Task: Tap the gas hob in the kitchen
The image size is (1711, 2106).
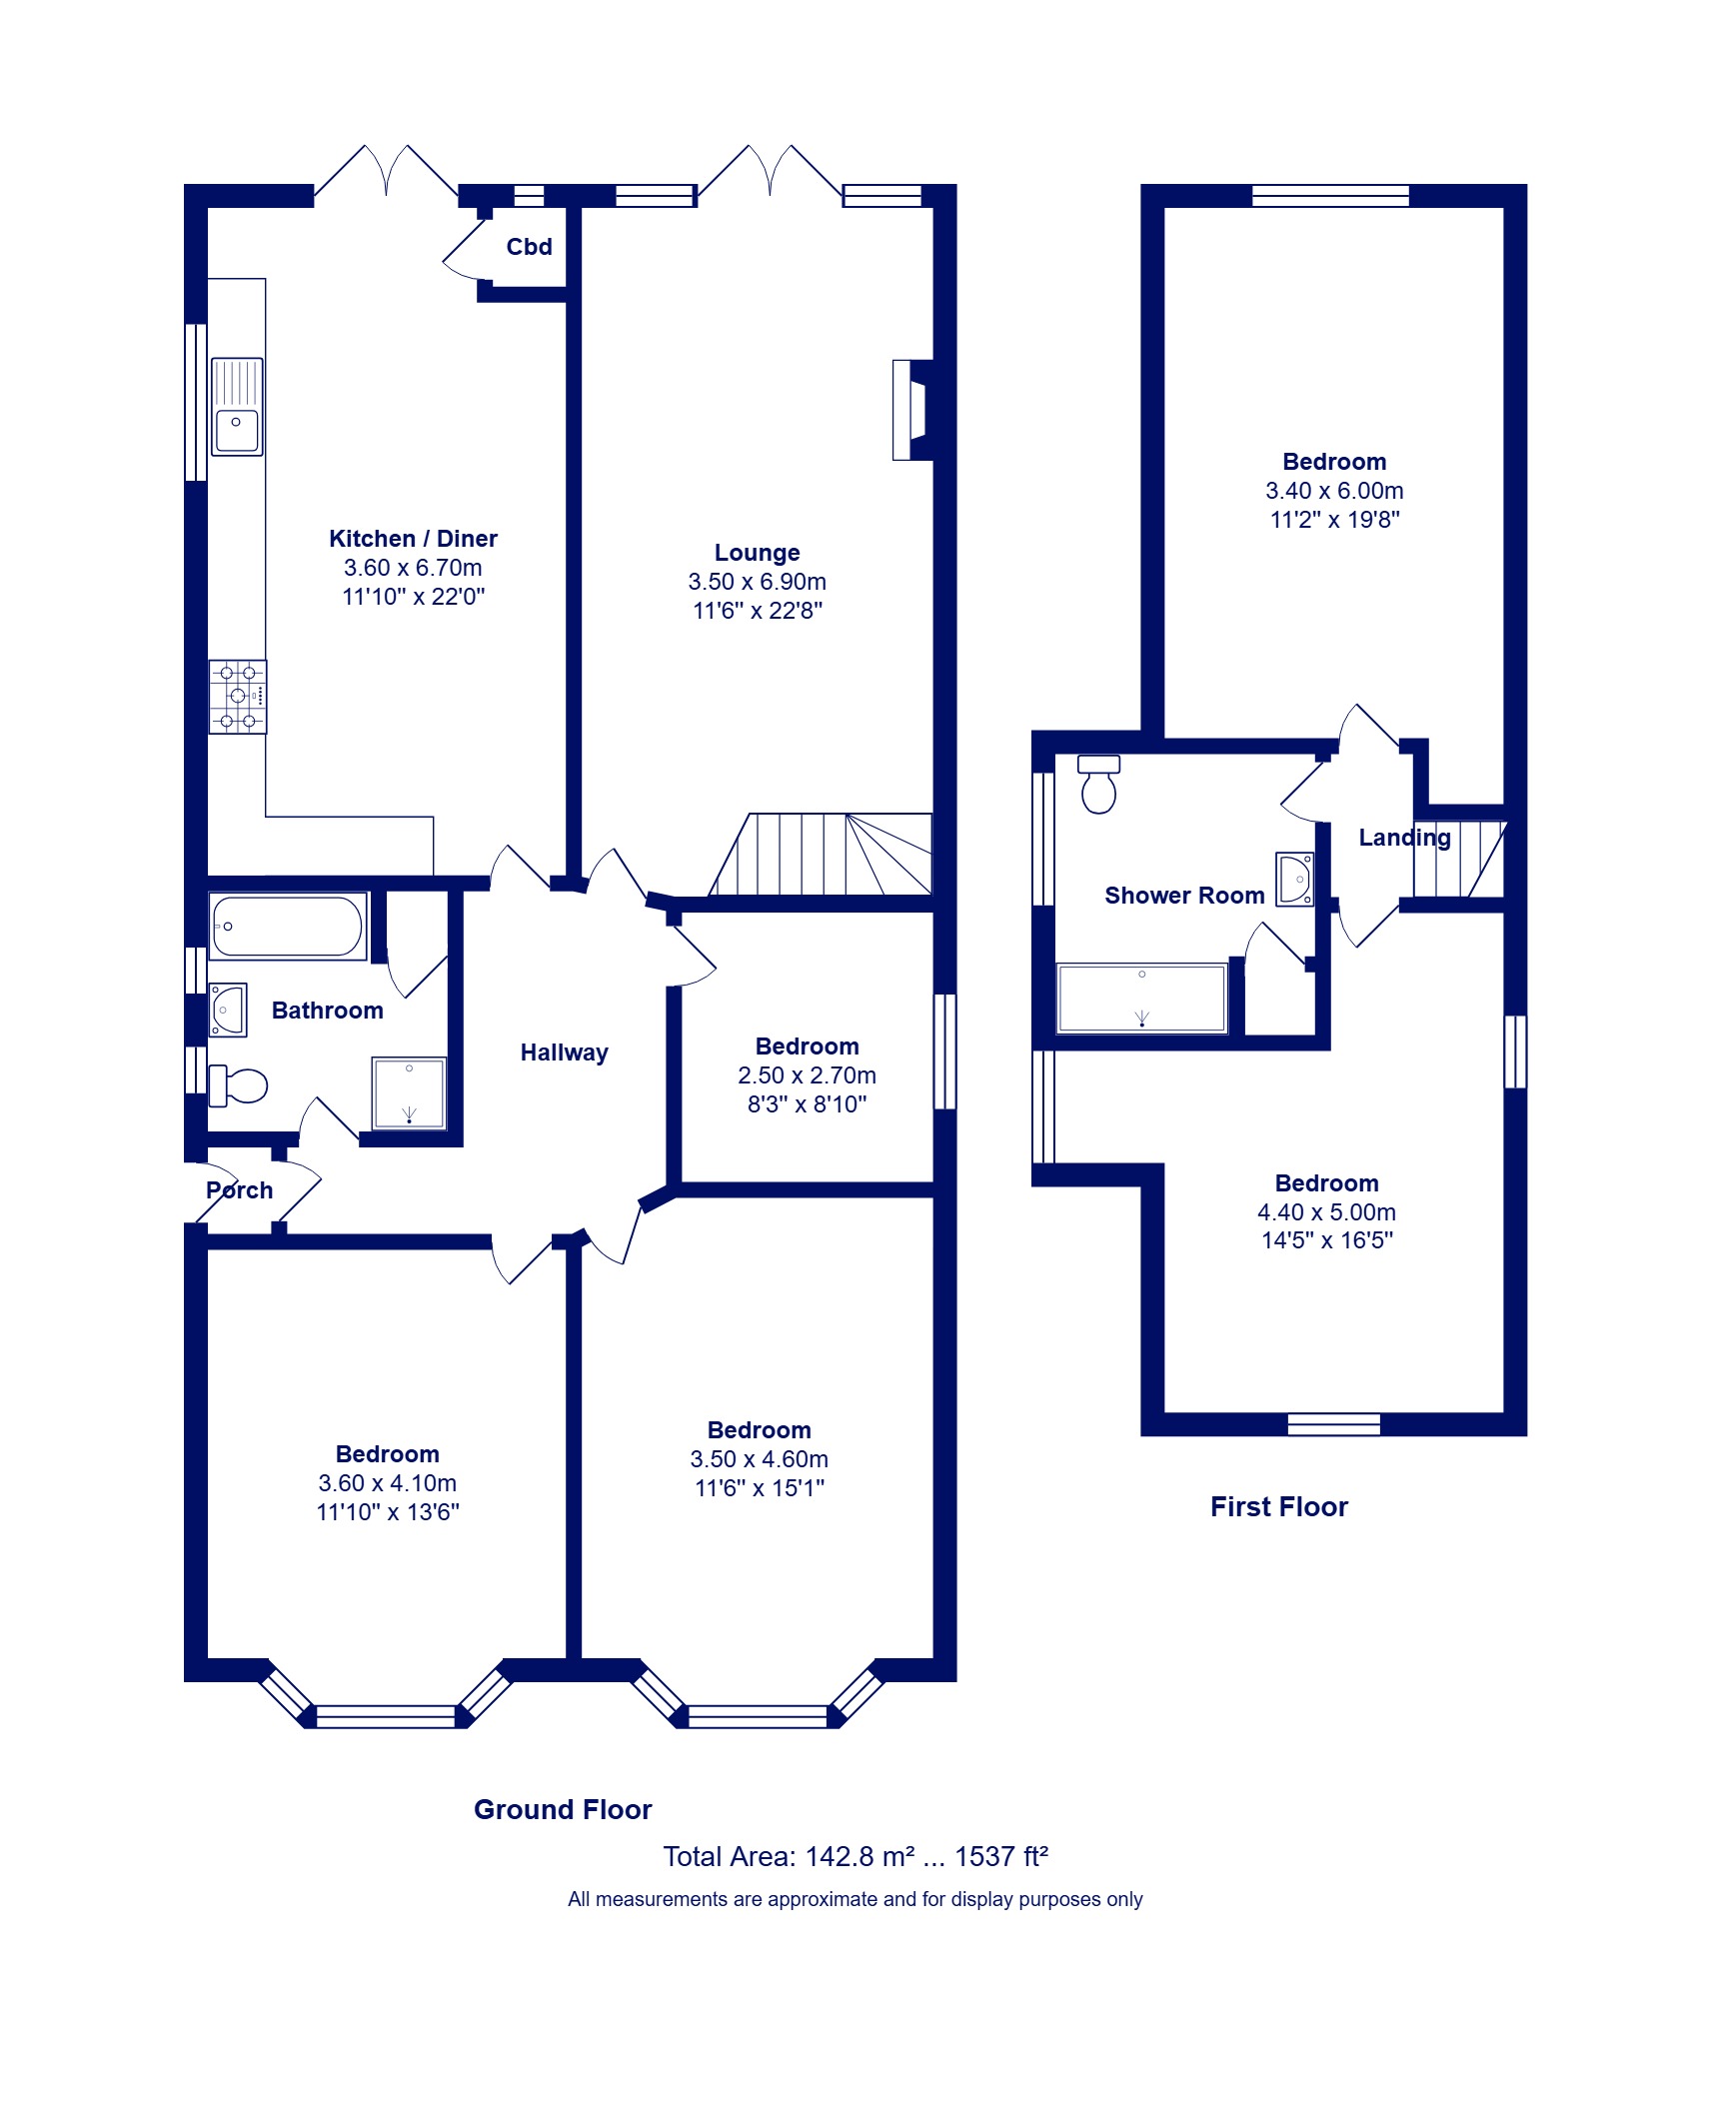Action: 238,697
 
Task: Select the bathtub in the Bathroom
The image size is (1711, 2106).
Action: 288,927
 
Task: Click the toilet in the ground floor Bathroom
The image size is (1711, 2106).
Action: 238,1085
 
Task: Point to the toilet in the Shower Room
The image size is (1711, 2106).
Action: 1098,785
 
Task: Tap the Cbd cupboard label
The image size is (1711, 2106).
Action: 529,247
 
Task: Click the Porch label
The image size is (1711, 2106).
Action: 240,1190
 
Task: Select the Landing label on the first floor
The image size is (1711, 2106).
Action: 1404,839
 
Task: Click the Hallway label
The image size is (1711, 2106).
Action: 565,1053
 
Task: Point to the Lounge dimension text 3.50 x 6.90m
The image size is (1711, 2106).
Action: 757,582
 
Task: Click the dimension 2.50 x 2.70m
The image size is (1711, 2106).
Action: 807,1075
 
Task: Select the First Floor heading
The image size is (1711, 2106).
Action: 1279,1506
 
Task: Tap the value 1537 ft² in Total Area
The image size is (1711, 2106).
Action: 1001,1856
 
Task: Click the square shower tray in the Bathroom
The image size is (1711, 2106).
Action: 409,1093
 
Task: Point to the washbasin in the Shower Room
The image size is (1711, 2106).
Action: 1295,879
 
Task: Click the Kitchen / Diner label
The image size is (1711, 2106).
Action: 413,539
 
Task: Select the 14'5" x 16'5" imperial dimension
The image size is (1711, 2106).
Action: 1327,1240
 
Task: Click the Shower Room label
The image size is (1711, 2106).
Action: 1184,896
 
